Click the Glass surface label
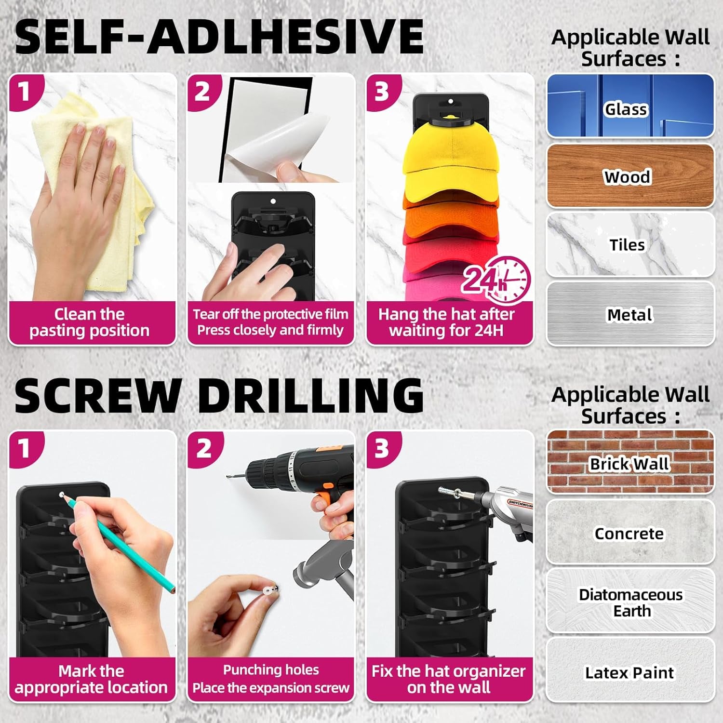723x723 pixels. tap(626, 109)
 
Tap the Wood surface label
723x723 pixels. tap(627, 177)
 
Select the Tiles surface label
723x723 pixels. tap(627, 245)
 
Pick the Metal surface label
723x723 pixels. tap(629, 315)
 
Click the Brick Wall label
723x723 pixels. tap(629, 464)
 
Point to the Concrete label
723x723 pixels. tap(629, 534)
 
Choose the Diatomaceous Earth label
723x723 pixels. tap(631, 602)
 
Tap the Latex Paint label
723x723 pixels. tap(629, 672)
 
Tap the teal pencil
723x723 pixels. tap(120, 545)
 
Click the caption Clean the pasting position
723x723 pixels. tap(90, 322)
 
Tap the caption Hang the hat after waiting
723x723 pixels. tap(446, 322)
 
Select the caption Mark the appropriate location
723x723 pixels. tap(91, 679)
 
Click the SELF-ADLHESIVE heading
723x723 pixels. tap(219, 37)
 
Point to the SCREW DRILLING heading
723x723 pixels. tap(219, 395)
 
